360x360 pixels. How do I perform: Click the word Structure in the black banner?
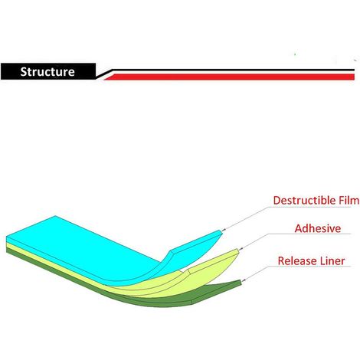[x=47, y=72]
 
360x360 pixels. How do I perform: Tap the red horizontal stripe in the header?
[x=229, y=77]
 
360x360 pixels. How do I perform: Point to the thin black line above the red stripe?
[x=232, y=70]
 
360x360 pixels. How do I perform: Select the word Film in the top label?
[x=349, y=201]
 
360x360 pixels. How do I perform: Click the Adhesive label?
[x=318, y=228]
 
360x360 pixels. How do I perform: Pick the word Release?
[x=293, y=261]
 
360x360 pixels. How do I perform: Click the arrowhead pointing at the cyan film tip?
[x=224, y=230]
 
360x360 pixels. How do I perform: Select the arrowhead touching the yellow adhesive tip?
[x=241, y=248]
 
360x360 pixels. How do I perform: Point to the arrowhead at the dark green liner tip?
[x=244, y=280]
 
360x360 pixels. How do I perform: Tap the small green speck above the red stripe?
[x=295, y=54]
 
